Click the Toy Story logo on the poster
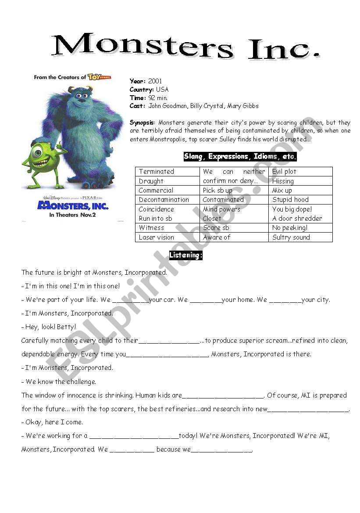click(x=99, y=77)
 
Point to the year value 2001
click(x=155, y=81)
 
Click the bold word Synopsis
click(x=143, y=122)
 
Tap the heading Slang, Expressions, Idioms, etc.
click(x=240, y=157)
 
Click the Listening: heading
click(x=186, y=255)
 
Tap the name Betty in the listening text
click(x=67, y=327)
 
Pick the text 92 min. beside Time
click(x=158, y=98)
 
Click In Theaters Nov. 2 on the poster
click(x=73, y=215)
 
